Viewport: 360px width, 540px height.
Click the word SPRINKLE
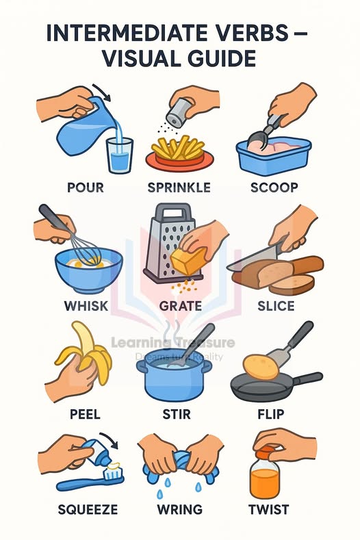(179, 188)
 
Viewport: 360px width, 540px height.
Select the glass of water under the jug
(120, 155)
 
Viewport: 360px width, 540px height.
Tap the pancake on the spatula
(261, 367)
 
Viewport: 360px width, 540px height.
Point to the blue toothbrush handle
(83, 484)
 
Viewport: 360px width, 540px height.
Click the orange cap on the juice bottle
(266, 453)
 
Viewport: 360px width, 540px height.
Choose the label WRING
(179, 509)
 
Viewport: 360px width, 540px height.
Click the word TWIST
(269, 509)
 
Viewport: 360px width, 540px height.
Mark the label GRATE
(181, 306)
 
